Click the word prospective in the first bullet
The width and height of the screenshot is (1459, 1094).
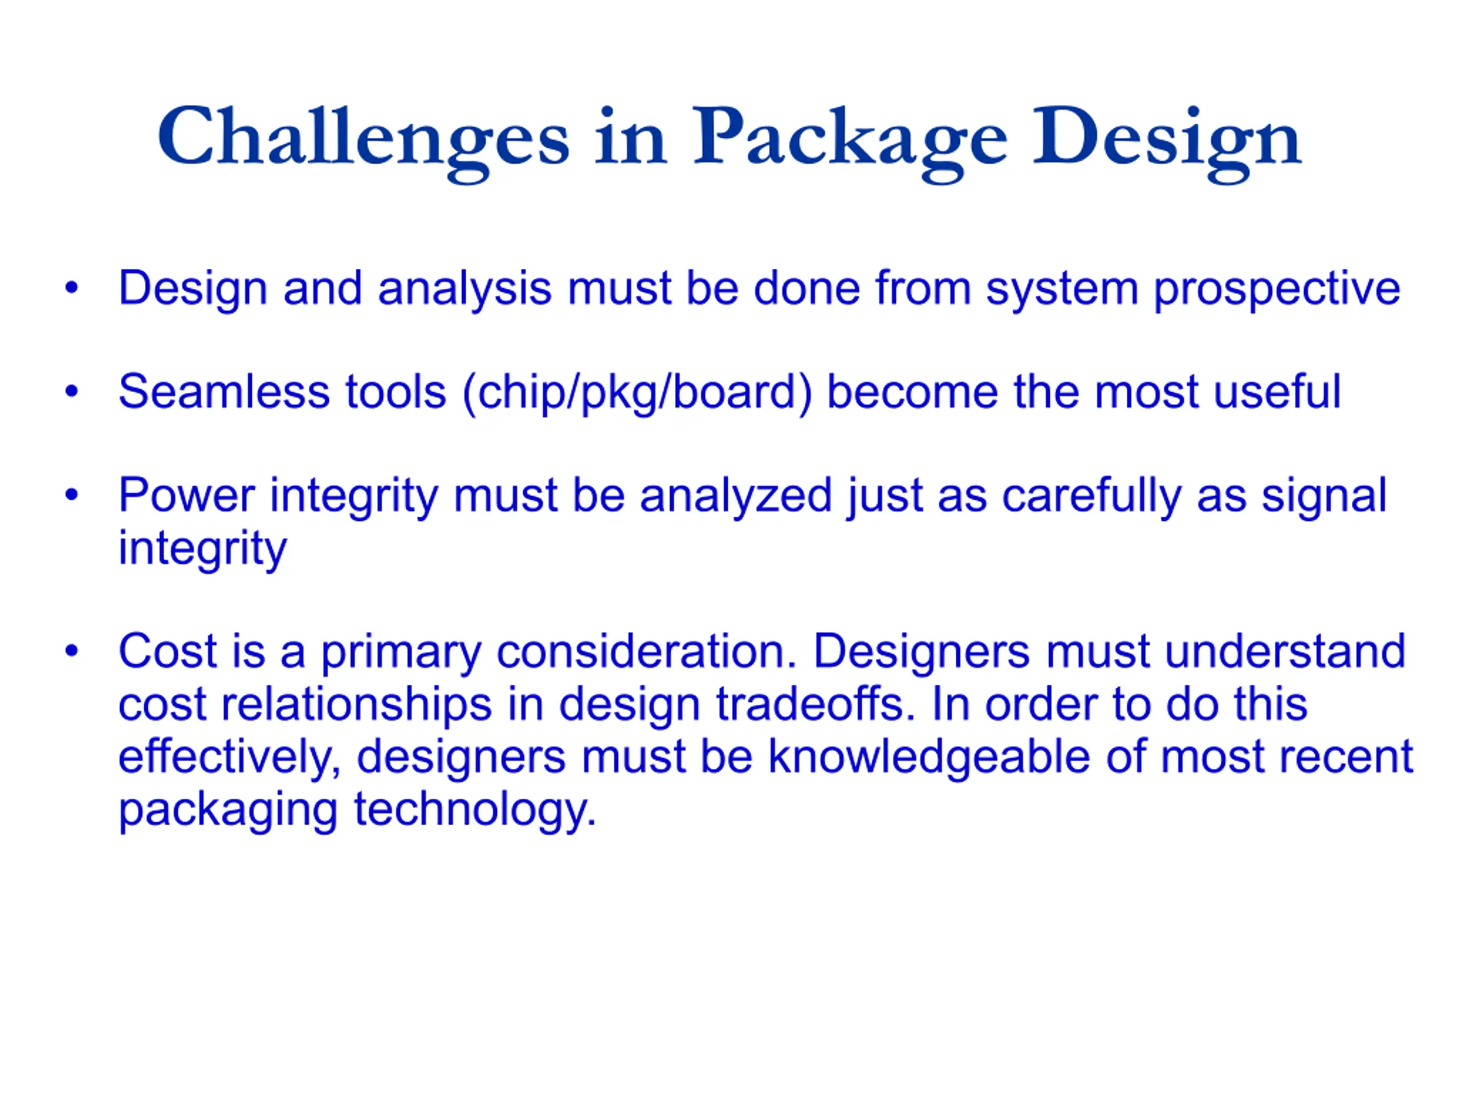[x=1276, y=291]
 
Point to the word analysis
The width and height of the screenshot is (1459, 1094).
[x=465, y=290]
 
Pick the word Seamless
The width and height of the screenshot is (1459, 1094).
[x=223, y=393]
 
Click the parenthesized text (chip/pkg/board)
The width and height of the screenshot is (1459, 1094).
[x=637, y=394]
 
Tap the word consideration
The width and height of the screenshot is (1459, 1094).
[x=647, y=652]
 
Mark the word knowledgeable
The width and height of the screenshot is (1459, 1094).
[x=930, y=758]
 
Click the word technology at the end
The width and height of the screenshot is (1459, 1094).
[x=475, y=811]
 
